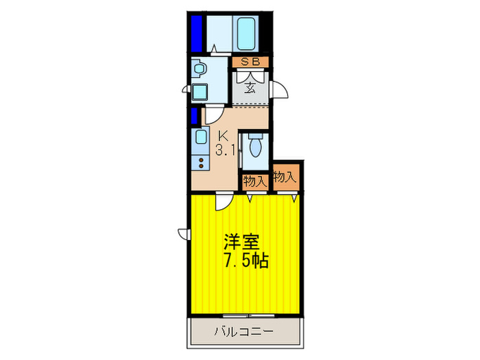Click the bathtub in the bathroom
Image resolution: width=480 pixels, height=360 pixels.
pyautogui.click(x=247, y=33)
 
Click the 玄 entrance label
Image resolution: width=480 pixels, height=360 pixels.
pyautogui.click(x=250, y=86)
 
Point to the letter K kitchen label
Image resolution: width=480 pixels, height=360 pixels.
pyautogui.click(x=223, y=136)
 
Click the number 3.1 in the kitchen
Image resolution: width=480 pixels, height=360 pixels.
pyautogui.click(x=225, y=151)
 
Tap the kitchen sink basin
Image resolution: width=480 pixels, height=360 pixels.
pyautogui.click(x=200, y=136)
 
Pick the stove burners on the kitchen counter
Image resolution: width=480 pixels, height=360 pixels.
pyautogui.click(x=200, y=164)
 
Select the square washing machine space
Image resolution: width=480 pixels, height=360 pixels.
pyautogui.click(x=200, y=91)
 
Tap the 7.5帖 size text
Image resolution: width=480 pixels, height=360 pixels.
pyautogui.click(x=245, y=261)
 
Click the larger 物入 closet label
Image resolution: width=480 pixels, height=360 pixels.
pyautogui.click(x=285, y=177)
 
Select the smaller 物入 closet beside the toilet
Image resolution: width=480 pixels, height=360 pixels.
pyautogui.click(x=254, y=181)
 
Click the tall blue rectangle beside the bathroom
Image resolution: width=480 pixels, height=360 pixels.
pyautogui.click(x=196, y=32)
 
